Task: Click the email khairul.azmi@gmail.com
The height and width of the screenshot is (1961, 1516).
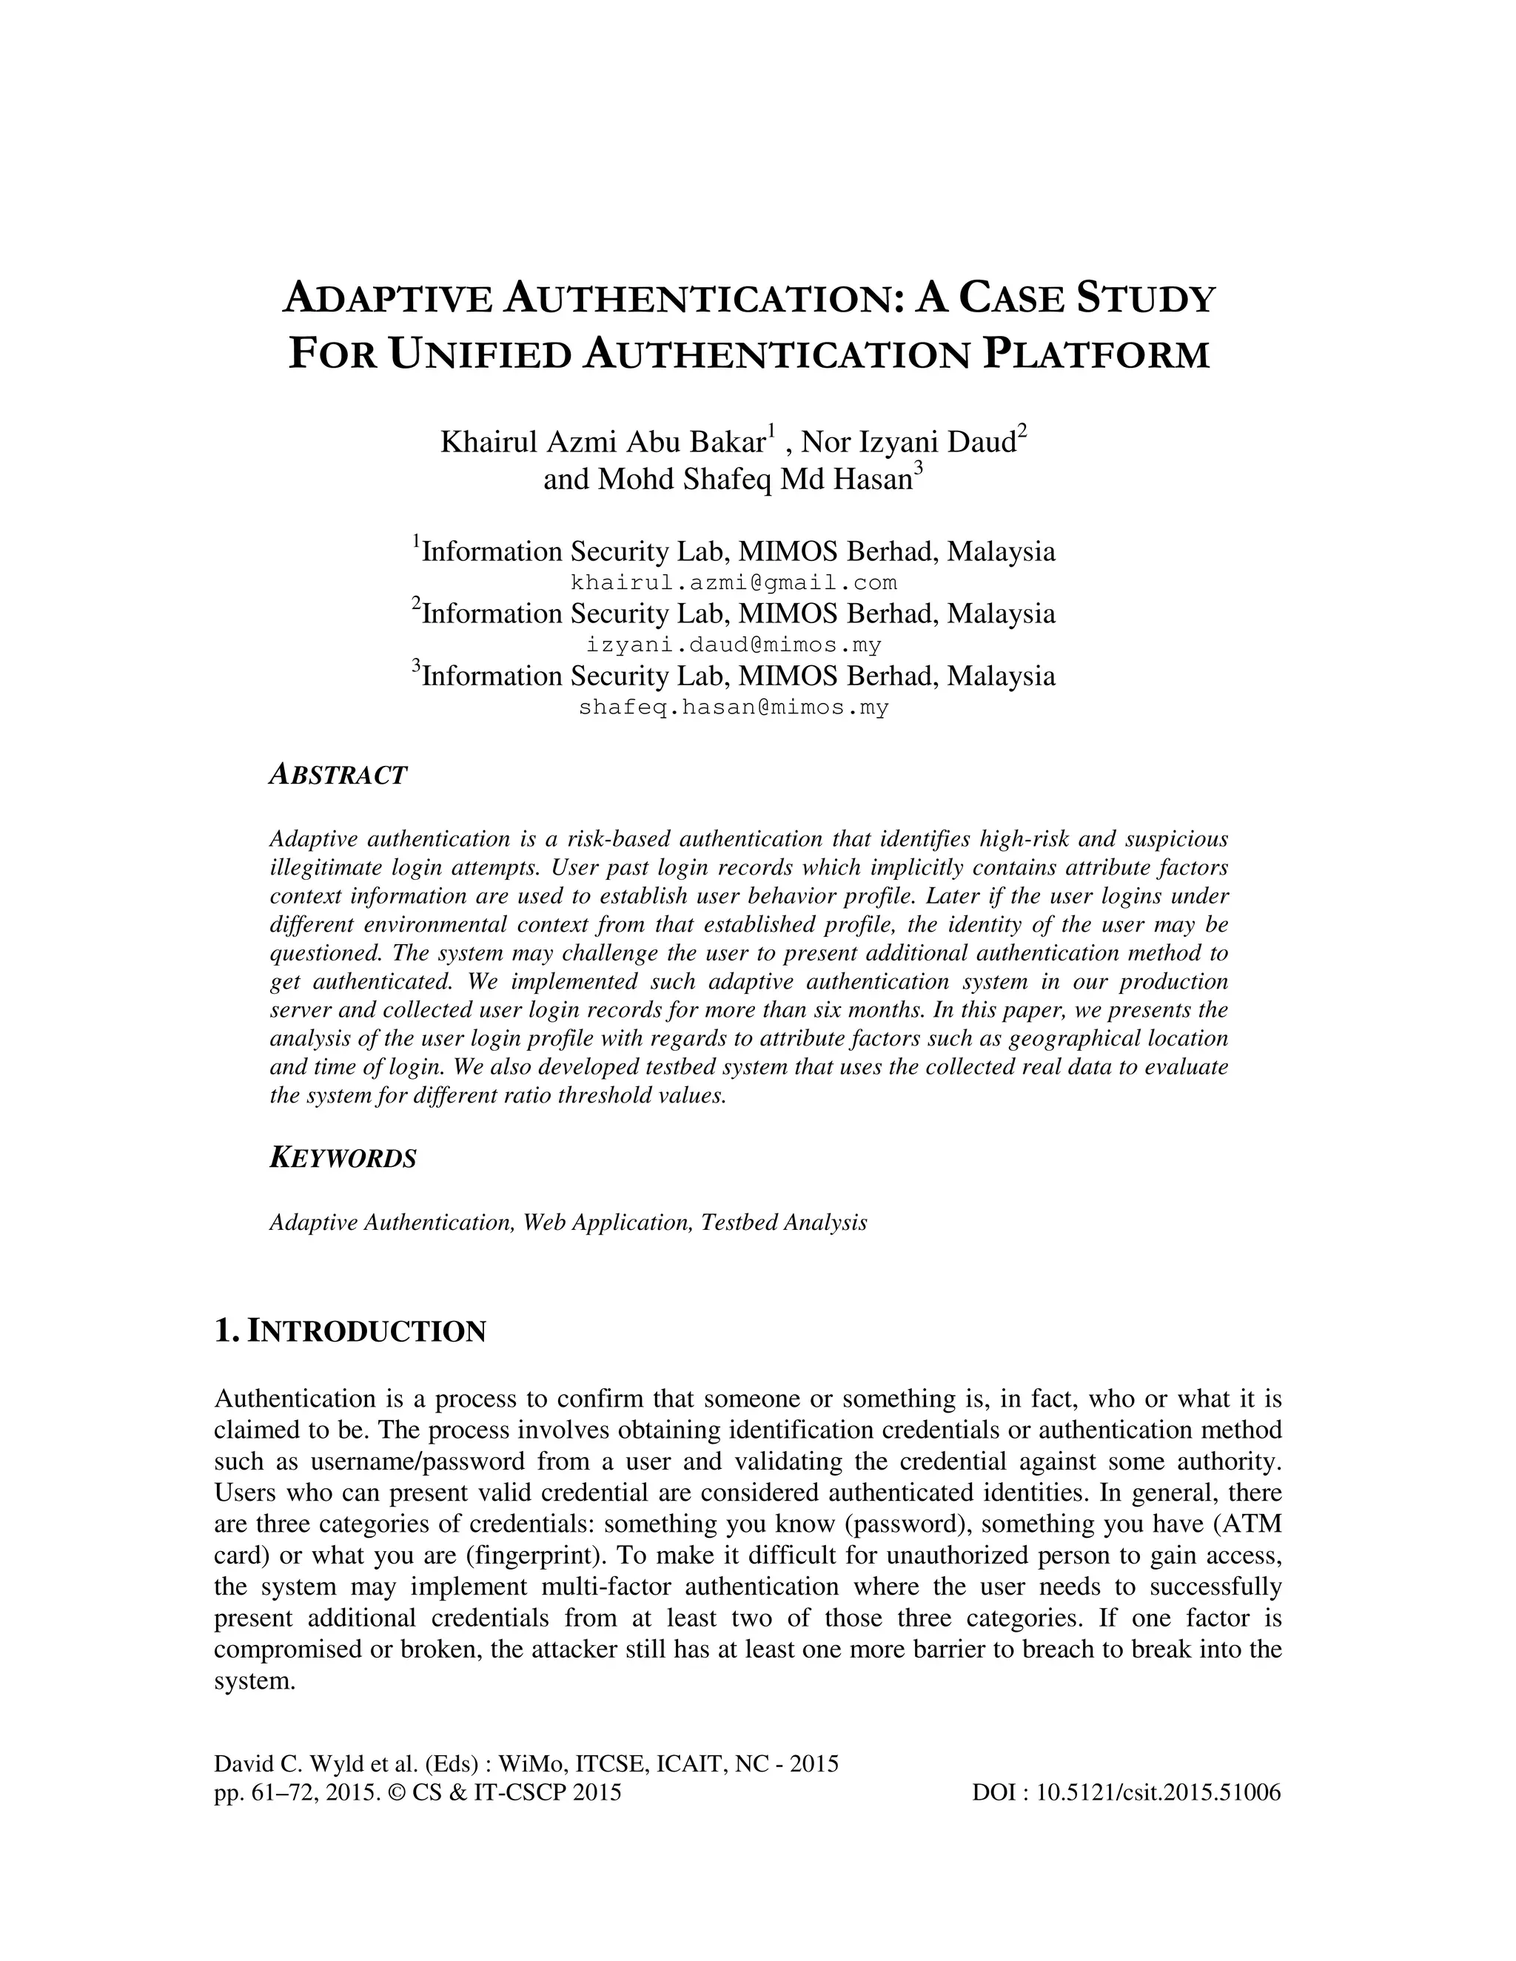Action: [734, 582]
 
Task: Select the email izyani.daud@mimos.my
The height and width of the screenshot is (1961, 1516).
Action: [734, 645]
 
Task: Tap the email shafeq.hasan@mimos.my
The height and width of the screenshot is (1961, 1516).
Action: [734, 707]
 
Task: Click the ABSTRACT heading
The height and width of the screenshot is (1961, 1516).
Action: [338, 776]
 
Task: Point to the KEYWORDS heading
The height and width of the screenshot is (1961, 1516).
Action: [343, 1158]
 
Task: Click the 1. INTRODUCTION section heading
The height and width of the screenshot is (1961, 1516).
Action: [350, 1331]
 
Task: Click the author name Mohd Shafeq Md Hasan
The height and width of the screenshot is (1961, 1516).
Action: [728, 480]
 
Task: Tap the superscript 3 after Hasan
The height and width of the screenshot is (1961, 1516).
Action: [918, 470]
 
